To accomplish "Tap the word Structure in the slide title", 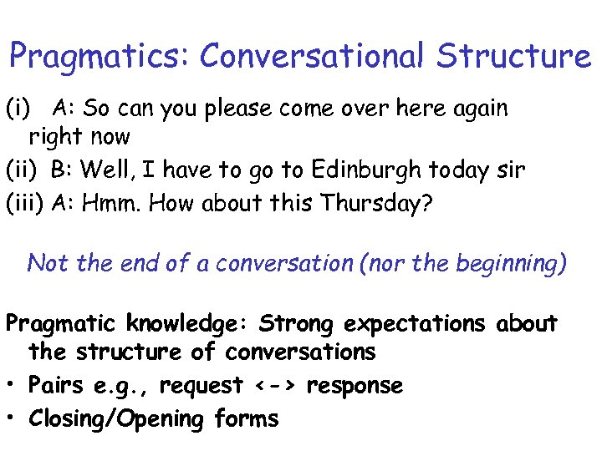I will coord(513,55).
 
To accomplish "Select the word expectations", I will coord(414,324).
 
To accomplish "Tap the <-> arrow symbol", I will coord(276,386).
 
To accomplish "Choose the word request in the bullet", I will coord(202,387).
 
